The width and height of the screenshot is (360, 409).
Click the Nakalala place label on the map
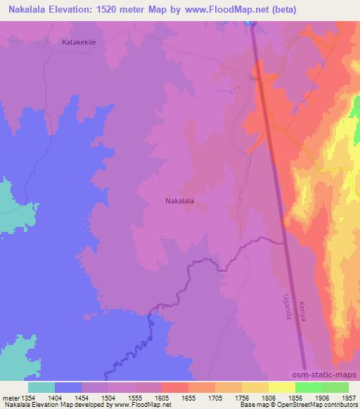(x=179, y=201)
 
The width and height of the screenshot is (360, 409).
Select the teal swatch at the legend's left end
(x=41, y=387)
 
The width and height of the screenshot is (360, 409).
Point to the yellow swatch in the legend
(x=282, y=387)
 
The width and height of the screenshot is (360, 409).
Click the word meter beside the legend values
(x=11, y=397)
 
